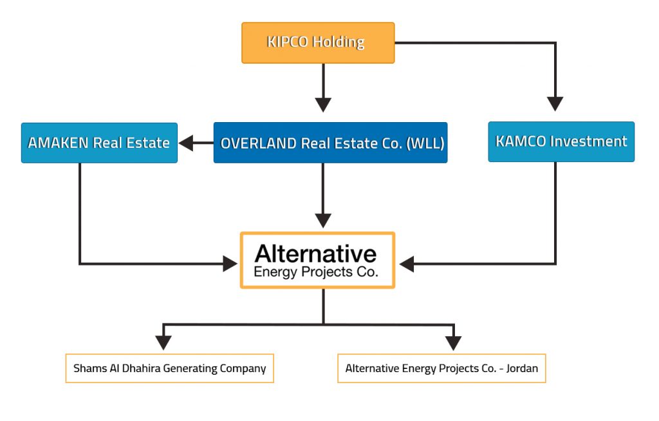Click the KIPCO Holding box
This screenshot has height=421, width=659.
click(318, 43)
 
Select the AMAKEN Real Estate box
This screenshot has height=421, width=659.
click(99, 143)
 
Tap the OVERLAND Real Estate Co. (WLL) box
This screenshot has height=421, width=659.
click(330, 143)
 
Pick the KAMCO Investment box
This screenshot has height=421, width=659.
click(561, 141)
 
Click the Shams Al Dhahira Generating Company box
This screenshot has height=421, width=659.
click(169, 368)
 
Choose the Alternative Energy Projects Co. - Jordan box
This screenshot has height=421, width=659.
click(441, 368)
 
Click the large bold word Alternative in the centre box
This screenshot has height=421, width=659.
click(315, 253)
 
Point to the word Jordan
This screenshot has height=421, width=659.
click(522, 368)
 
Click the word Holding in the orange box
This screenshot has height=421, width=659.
click(339, 42)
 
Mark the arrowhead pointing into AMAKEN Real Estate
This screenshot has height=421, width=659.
click(186, 143)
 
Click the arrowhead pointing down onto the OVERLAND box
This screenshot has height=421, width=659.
click(323, 105)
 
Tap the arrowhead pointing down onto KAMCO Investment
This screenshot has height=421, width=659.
click(555, 103)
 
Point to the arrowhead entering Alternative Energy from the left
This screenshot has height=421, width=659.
click(230, 264)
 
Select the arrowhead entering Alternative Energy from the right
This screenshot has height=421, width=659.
click(407, 264)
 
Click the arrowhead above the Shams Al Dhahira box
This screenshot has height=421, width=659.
click(163, 343)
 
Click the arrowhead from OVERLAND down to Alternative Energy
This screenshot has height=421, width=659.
click(323, 220)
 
